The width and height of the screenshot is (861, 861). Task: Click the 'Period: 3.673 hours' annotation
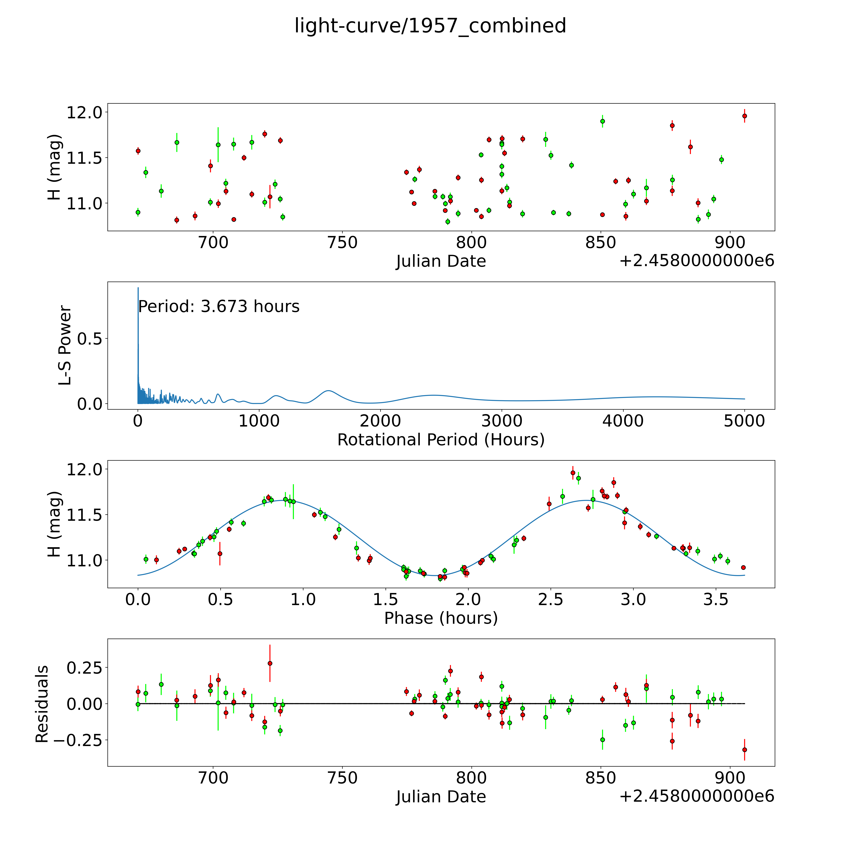(x=219, y=307)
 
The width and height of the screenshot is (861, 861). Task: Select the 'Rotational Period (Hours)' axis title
(x=441, y=440)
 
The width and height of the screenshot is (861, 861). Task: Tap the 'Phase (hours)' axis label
(x=441, y=618)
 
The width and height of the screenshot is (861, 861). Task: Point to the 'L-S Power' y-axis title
(x=65, y=345)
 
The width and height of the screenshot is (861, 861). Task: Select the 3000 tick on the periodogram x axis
(x=502, y=421)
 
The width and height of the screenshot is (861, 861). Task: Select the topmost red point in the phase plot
(x=573, y=473)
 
